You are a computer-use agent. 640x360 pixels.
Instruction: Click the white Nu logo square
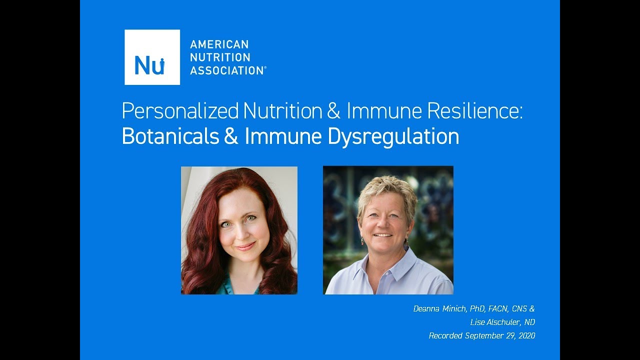[152, 57]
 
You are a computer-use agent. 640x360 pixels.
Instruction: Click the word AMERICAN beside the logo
[219, 44]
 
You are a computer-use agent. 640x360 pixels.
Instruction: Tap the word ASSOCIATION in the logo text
[227, 70]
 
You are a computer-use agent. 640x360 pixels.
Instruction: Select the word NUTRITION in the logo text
[220, 57]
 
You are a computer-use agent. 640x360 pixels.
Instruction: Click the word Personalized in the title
[180, 111]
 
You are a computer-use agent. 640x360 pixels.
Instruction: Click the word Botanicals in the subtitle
[170, 136]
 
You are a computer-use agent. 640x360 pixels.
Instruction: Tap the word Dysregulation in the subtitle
[393, 137]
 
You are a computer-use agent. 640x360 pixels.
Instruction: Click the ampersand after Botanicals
[231, 136]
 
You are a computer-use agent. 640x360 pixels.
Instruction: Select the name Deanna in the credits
[426, 309]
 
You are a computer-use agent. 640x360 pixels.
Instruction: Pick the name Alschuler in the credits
[503, 322]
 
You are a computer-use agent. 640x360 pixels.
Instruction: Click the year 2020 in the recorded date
[527, 335]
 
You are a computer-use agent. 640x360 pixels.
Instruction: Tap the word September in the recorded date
[484, 336]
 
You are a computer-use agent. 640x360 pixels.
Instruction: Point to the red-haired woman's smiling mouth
[245, 246]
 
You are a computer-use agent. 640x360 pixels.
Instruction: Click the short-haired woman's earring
[362, 241]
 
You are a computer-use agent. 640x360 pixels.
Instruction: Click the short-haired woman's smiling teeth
[383, 235]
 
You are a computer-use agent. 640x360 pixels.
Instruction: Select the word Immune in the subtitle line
[283, 136]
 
